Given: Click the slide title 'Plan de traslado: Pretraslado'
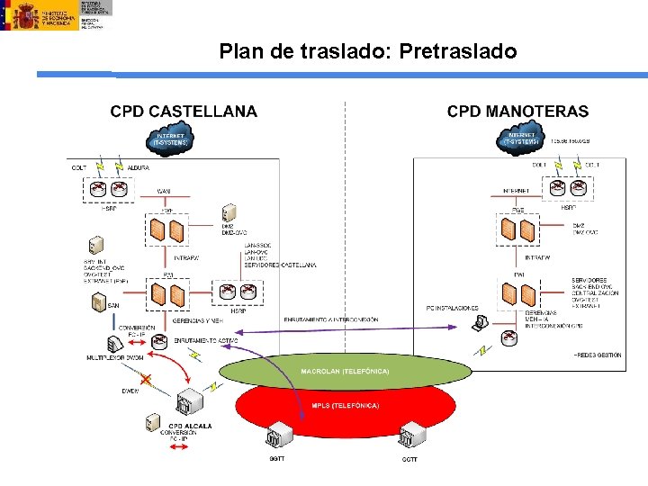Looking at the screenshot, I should [x=368, y=52].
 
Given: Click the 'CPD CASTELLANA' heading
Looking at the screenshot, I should [x=184, y=112].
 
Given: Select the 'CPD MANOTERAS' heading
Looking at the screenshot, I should [x=517, y=112].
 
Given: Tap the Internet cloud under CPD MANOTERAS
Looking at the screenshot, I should [x=522, y=139].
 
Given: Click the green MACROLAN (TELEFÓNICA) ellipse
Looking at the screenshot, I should [x=345, y=371].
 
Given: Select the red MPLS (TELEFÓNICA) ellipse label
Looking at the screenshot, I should [x=345, y=406].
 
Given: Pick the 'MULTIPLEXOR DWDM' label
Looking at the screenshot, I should [x=113, y=358].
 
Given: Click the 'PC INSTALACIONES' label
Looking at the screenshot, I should [x=452, y=308].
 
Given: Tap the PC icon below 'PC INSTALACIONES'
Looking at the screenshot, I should [x=482, y=321].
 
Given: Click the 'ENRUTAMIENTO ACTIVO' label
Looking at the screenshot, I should [x=206, y=340].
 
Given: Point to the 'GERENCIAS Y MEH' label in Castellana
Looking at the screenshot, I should [x=197, y=321].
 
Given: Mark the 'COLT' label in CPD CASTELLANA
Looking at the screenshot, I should [x=79, y=166].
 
